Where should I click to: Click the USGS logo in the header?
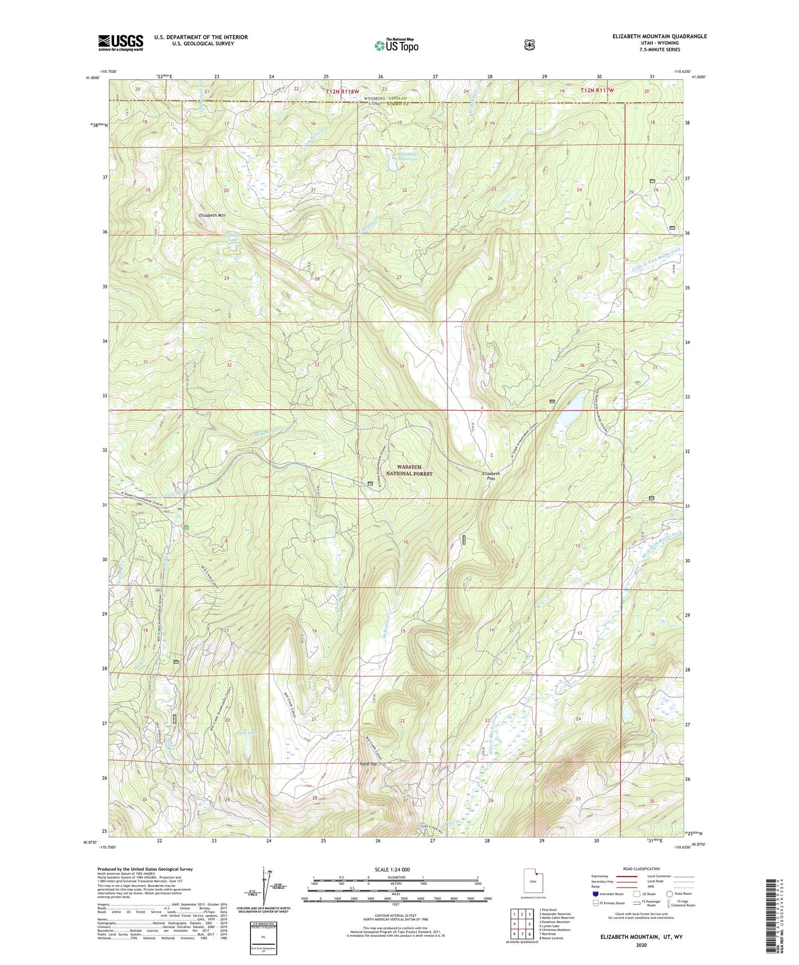[x=120, y=43]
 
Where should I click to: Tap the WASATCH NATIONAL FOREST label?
[x=414, y=470]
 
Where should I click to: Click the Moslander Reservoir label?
[x=408, y=156]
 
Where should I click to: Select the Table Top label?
[x=368, y=764]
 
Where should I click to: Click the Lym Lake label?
[x=247, y=733]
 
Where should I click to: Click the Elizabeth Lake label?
[x=232, y=237]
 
